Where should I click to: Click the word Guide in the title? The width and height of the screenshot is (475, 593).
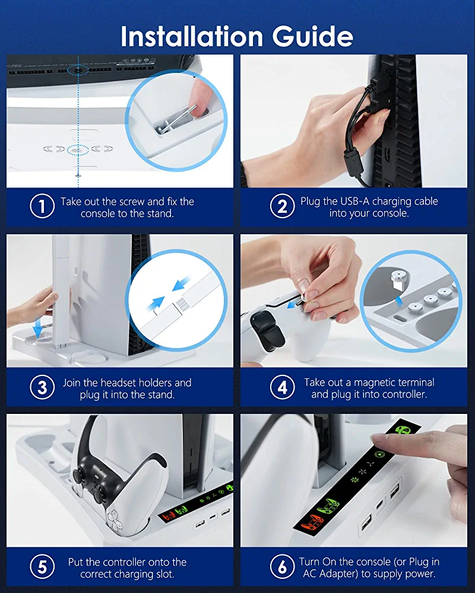(312, 37)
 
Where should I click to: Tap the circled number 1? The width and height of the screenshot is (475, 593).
(42, 206)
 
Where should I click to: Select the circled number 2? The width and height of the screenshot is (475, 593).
(282, 206)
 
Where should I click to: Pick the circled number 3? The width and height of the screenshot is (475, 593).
(42, 387)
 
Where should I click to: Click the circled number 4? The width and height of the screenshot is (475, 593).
(282, 387)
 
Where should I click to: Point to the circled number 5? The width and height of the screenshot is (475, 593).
(42, 566)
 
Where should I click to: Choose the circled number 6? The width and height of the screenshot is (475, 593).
(282, 566)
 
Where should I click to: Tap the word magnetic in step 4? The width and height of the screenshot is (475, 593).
(375, 382)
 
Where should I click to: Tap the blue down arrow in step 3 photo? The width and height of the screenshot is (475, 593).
(38, 328)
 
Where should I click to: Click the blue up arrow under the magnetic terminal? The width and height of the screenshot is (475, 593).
(398, 300)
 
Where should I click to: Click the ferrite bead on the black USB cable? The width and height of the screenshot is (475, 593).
(354, 160)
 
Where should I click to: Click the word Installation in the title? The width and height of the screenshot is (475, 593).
(192, 37)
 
